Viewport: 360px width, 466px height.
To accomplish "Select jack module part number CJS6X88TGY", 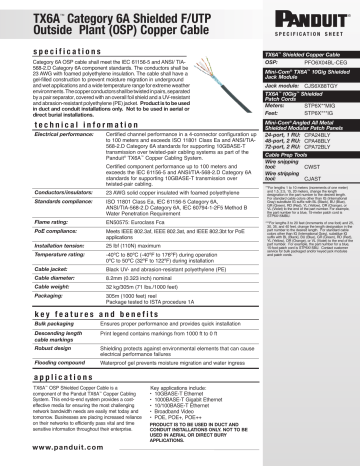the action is point(317,91).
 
